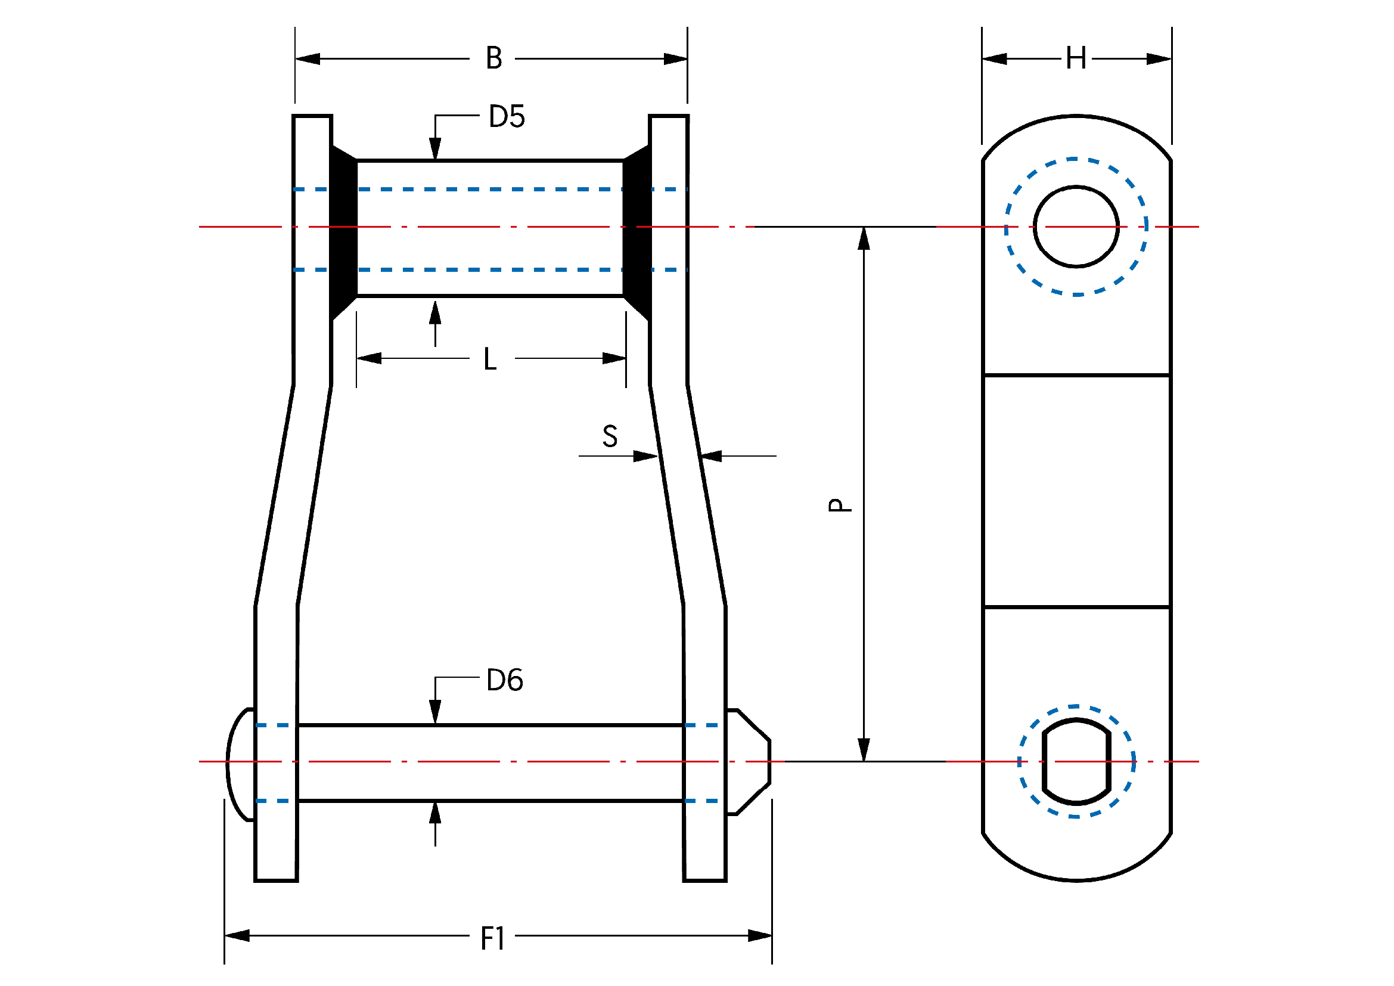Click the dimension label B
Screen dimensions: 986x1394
pyautogui.click(x=493, y=58)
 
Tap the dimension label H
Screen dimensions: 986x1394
pyautogui.click(x=1076, y=59)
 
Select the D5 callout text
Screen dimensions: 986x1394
pyautogui.click(x=507, y=117)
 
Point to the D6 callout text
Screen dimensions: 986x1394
pyautogui.click(x=505, y=680)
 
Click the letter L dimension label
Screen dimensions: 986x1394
pyautogui.click(x=490, y=359)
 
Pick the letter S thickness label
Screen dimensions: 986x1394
pyautogui.click(x=610, y=436)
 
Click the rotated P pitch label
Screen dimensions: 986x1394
pyautogui.click(x=840, y=505)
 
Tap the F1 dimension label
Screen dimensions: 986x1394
pyautogui.click(x=492, y=939)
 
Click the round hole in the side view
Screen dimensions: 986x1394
pyautogui.click(x=1076, y=227)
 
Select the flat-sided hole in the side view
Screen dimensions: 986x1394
pyautogui.click(x=1076, y=761)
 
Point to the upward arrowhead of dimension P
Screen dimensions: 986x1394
pyautogui.click(x=864, y=239)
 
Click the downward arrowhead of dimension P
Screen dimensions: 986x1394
pyautogui.click(x=864, y=749)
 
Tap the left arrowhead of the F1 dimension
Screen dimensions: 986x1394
pyautogui.click(x=237, y=935)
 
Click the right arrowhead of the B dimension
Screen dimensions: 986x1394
pyautogui.click(x=675, y=59)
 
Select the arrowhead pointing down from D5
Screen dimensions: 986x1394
pyautogui.click(x=434, y=149)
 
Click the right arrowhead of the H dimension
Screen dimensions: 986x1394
pyautogui.click(x=1159, y=59)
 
